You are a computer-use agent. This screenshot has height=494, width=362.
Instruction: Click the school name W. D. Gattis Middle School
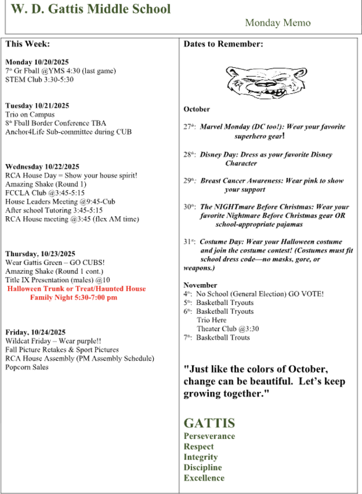91,10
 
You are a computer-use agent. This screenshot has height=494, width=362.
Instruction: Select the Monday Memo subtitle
277,23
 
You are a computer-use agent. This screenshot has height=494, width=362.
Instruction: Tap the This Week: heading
28,44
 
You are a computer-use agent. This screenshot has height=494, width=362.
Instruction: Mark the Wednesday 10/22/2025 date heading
42,167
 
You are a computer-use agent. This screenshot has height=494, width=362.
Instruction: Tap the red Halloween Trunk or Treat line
76,289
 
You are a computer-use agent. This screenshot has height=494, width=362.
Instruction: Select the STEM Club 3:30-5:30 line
39,80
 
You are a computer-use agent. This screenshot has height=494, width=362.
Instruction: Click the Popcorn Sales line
27,367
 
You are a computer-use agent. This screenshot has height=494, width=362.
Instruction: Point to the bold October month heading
196,109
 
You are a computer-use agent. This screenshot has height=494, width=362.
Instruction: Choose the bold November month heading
200,285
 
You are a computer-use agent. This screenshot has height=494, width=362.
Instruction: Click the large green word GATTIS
209,423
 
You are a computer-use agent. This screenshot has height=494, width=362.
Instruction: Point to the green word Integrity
201,457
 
